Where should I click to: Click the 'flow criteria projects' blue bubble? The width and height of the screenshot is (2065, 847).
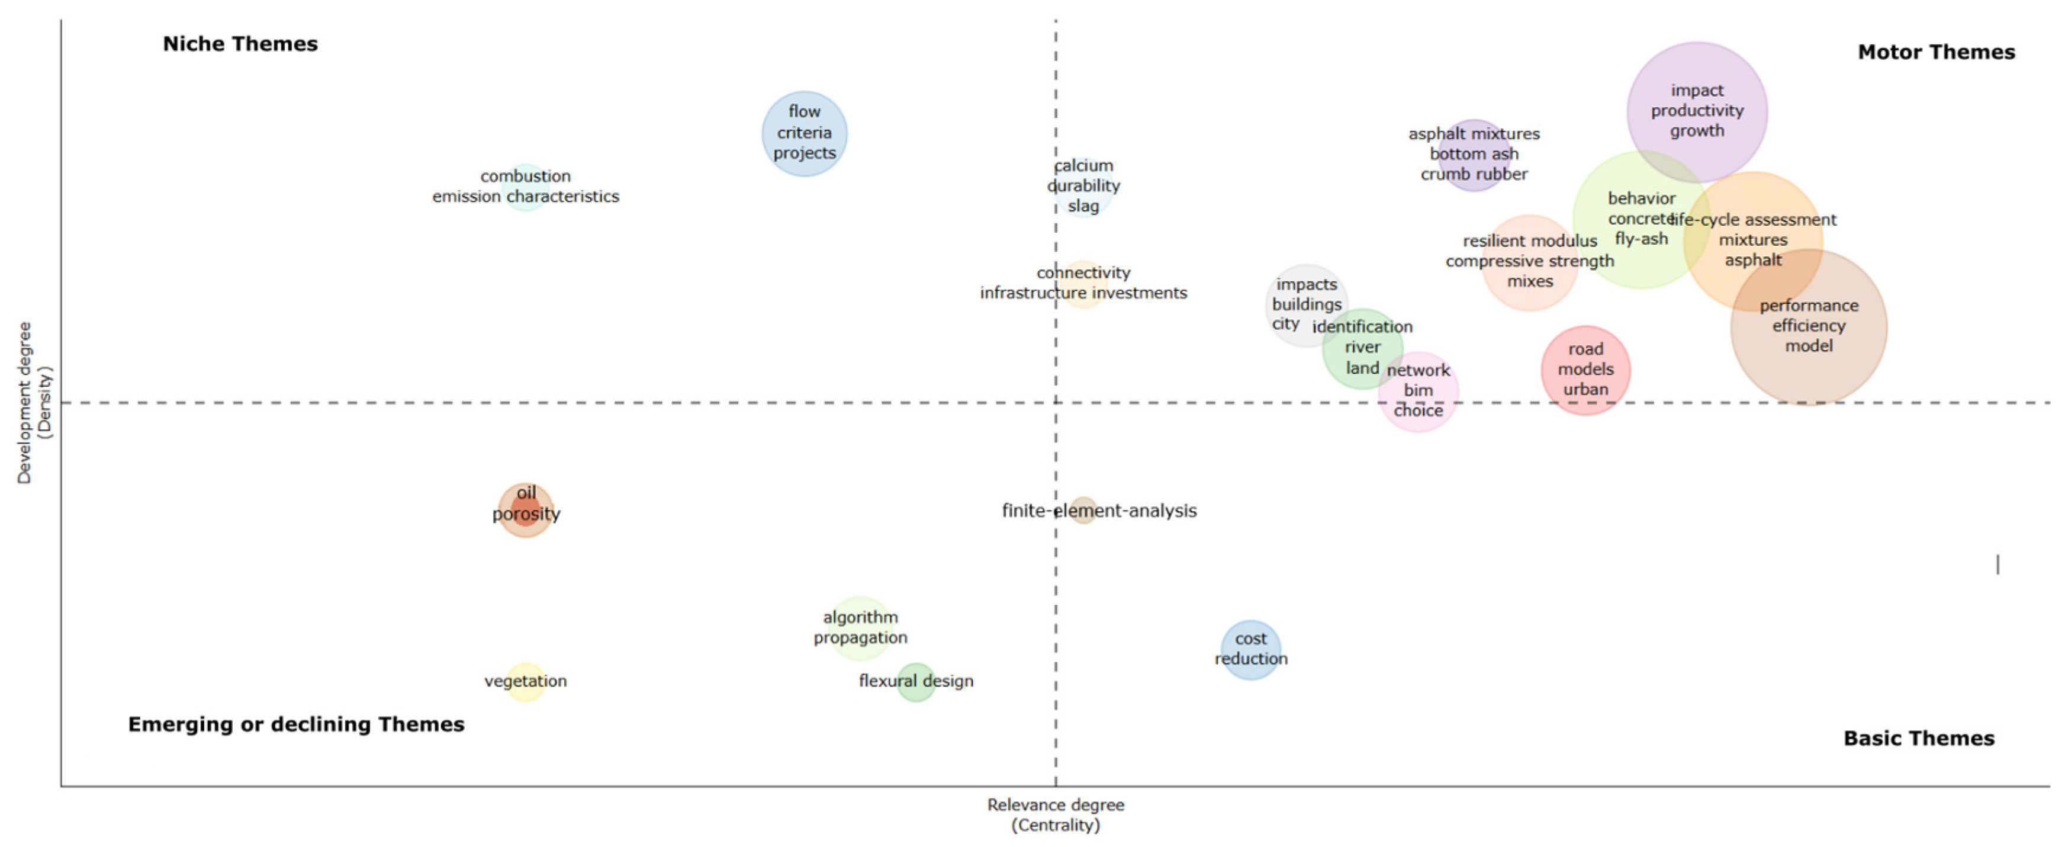(x=804, y=133)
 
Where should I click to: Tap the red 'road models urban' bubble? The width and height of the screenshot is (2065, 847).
(x=1585, y=370)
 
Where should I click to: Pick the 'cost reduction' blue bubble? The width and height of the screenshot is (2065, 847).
(x=1250, y=649)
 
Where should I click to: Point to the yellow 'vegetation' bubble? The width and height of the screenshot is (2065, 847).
(x=525, y=682)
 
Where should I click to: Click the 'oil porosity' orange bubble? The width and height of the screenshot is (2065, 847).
(x=525, y=510)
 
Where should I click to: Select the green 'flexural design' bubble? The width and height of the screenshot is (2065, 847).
(x=915, y=682)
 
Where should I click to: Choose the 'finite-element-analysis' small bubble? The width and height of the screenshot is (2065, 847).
(x=1083, y=510)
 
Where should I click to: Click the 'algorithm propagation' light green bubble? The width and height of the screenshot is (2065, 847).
(x=860, y=628)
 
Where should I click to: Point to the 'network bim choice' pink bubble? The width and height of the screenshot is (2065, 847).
(x=1418, y=392)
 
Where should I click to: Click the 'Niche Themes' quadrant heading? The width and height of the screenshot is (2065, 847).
(x=240, y=44)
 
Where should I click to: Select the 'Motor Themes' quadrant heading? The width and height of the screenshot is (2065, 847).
(x=1935, y=52)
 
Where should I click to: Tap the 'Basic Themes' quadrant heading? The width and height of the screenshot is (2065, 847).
(x=1918, y=738)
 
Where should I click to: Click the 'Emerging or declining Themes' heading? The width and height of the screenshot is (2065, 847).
(x=296, y=724)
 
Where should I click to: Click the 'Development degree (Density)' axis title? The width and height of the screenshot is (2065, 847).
(x=34, y=403)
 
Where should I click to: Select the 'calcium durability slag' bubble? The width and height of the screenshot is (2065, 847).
(x=1083, y=186)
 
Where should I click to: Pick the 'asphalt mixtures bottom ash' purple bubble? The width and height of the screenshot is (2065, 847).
(x=1474, y=154)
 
